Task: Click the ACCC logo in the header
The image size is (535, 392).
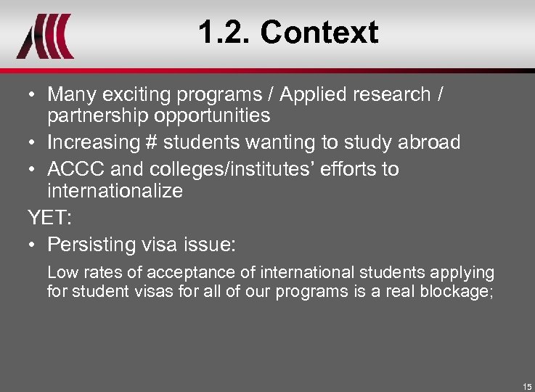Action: click(x=45, y=36)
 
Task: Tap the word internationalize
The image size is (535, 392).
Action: click(x=115, y=192)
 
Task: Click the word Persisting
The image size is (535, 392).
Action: click(x=93, y=245)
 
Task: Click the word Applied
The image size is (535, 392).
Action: click(x=313, y=95)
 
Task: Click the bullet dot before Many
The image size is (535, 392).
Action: click(x=34, y=95)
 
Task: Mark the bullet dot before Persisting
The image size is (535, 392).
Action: click(x=34, y=245)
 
